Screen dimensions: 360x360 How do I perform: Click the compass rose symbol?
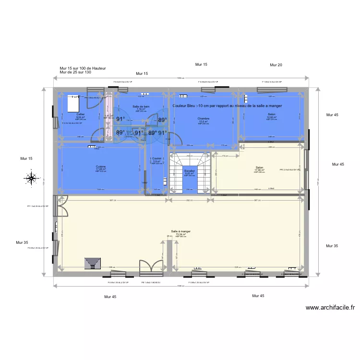pos(32,179)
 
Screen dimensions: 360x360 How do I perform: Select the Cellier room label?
pos(80,114)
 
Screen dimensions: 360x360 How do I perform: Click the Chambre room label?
pos(204,119)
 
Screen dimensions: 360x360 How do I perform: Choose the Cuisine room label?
pos(100,167)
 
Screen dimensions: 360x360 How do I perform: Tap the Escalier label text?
pos(189,170)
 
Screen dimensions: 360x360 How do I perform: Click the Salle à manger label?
pos(180,231)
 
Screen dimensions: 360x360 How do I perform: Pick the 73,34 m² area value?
pos(180,234)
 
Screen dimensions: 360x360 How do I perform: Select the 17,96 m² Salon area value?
pos(260,170)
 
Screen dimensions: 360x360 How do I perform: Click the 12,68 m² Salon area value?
pos(272,117)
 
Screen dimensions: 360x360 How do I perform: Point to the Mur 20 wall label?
pos(276,65)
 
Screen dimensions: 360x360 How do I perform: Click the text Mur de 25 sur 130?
pos(75,72)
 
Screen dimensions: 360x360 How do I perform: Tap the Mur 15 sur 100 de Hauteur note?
pos(83,69)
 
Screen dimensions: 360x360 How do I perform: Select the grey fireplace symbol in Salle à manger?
pos(92,263)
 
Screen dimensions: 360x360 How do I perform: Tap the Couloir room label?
pos(156,158)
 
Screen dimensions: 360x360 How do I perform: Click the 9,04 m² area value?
pos(80,117)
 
